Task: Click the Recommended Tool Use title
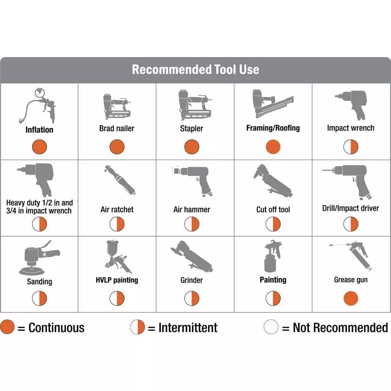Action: [x=195, y=69]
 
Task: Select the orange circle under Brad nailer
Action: [x=117, y=147]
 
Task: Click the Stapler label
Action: [x=192, y=128]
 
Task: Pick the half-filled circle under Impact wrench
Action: [x=351, y=147]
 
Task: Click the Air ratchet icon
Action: [x=120, y=180]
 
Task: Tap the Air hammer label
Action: [x=192, y=210]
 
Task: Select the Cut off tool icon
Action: [x=273, y=181]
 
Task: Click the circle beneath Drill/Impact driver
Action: [x=351, y=224]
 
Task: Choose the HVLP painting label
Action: [x=117, y=280]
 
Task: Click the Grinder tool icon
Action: [x=192, y=257]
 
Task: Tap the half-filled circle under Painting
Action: [x=273, y=298]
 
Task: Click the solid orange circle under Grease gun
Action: [x=351, y=298]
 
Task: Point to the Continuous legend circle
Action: [x=7, y=326]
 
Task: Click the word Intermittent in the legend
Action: [x=188, y=327]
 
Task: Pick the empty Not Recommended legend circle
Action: [x=271, y=326]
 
